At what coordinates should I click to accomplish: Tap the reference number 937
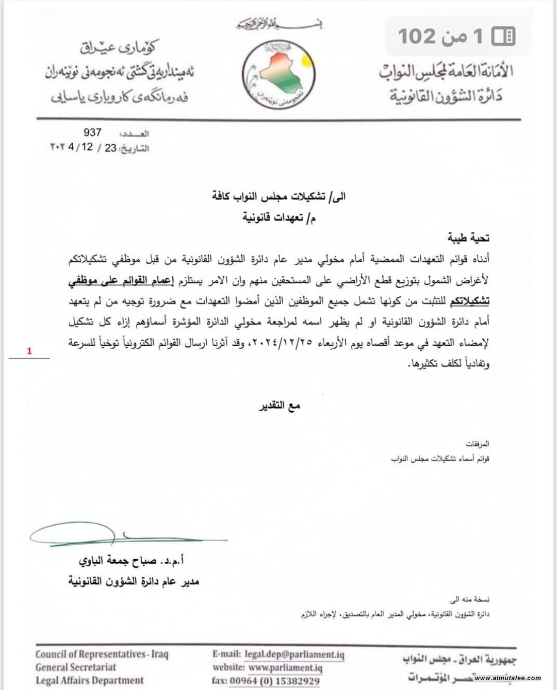point(92,132)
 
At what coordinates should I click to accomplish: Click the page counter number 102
point(417,36)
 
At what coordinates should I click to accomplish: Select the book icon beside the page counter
point(503,36)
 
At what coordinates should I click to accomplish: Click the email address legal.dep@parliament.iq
point(294,654)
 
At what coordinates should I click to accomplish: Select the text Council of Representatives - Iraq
point(102,654)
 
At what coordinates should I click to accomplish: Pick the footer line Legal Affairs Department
point(89,680)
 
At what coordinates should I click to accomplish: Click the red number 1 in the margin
point(29,351)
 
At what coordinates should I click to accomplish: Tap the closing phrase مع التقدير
point(279,406)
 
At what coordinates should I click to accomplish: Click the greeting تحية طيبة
point(468,238)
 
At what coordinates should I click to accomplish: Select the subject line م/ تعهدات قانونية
point(279,217)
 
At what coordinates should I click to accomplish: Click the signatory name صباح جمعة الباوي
point(129,561)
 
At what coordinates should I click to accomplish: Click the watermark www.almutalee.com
point(507,678)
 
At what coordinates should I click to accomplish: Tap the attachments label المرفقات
point(477,444)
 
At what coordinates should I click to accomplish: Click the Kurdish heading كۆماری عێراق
point(118,48)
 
